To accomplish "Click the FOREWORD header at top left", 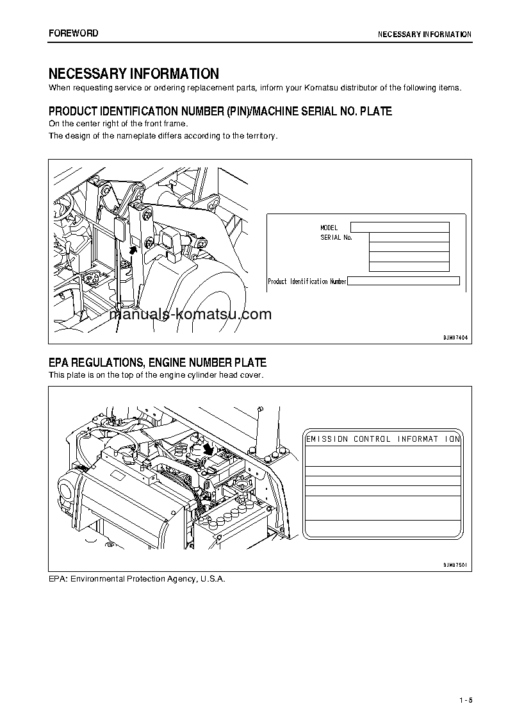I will tap(73, 33).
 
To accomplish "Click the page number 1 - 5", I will tap(465, 699).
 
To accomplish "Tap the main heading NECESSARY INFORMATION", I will tap(133, 74).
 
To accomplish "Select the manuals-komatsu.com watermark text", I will tap(190, 314).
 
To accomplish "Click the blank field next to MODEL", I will tap(400, 227).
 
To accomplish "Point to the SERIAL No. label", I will tap(336, 237).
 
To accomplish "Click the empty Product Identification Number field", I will tap(404, 281).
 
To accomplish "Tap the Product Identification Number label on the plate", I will tap(307, 281).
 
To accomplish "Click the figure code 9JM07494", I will tap(455, 337).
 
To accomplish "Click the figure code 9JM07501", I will tap(455, 565).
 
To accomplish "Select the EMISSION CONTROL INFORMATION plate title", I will tap(383, 439).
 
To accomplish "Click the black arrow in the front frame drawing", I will tap(133, 250).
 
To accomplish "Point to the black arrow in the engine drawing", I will tap(207, 450).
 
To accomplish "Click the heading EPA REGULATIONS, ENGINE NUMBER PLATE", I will tap(158, 363).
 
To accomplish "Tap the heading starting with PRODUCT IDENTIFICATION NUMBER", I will tap(220, 112).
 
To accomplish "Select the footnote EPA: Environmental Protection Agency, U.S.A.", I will tap(137, 578).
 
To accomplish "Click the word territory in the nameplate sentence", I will tap(260, 135).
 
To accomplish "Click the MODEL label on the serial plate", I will tap(329, 228).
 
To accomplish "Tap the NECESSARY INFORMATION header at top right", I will tap(424, 35).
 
